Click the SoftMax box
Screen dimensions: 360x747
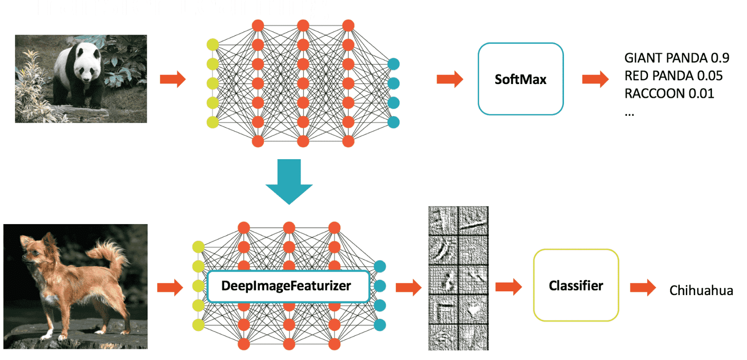click(x=520, y=79)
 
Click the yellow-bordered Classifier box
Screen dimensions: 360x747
click(x=576, y=285)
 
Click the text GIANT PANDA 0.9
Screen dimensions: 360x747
click(x=676, y=58)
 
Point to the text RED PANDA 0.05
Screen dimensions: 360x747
click(x=673, y=76)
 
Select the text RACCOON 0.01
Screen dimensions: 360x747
click(x=669, y=94)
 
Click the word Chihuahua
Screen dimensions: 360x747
click(x=701, y=290)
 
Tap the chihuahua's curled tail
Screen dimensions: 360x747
click(x=110, y=252)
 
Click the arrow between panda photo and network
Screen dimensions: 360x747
click(x=172, y=79)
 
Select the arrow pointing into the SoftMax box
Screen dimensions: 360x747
click(x=449, y=79)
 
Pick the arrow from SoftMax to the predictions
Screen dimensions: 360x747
click(x=595, y=79)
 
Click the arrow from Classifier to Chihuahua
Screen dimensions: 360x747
click(x=642, y=287)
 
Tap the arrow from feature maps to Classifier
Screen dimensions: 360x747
click(x=508, y=286)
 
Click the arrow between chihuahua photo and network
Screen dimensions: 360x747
click(x=169, y=287)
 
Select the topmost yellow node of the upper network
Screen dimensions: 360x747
click(x=212, y=44)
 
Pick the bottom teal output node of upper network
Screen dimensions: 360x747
click(x=394, y=122)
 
